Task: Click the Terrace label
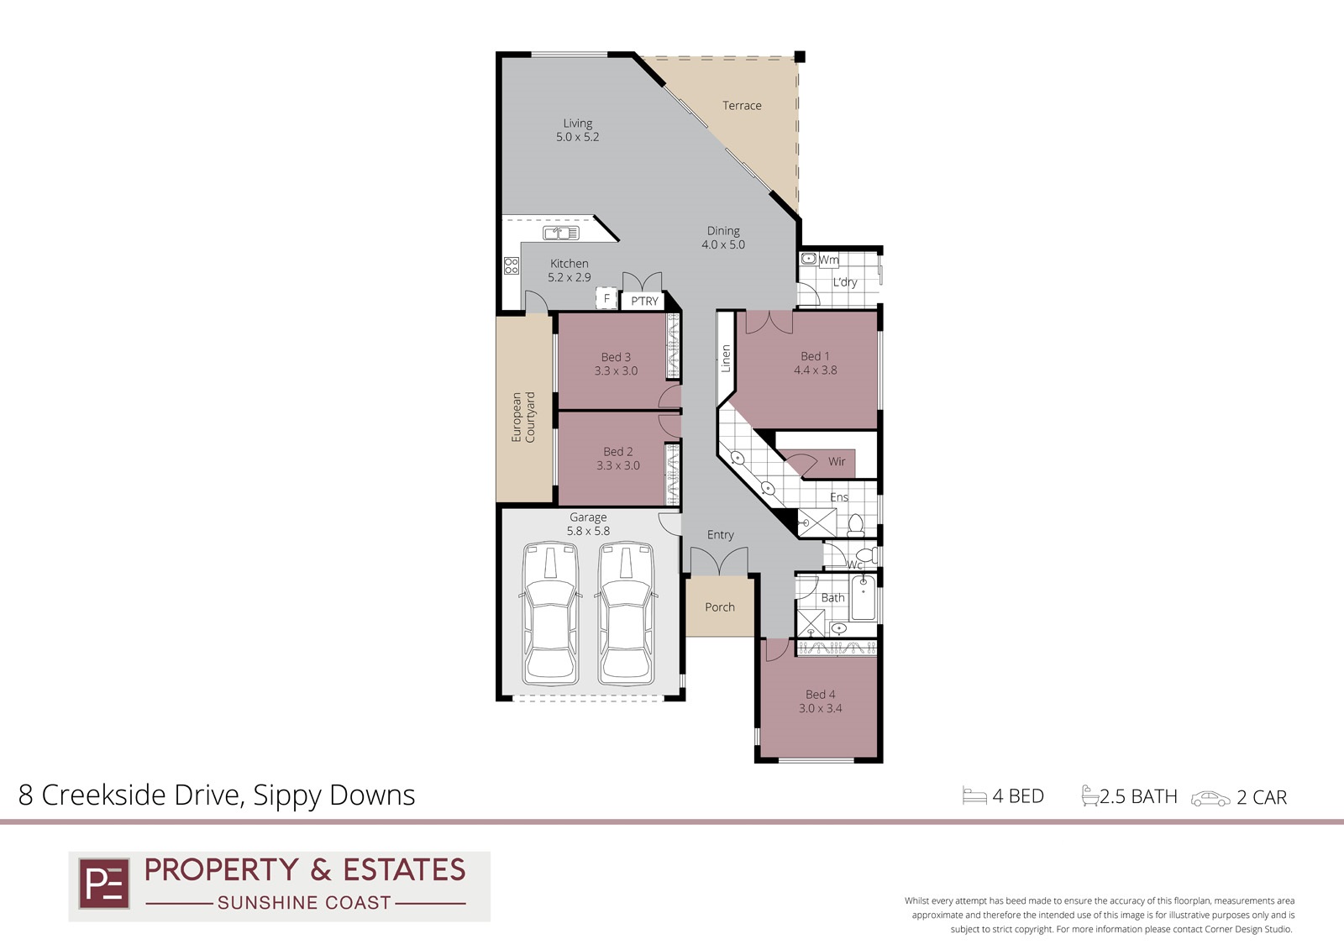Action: [742, 106]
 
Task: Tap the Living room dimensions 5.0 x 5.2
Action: [577, 137]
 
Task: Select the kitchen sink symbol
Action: [561, 233]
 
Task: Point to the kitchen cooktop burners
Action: [512, 265]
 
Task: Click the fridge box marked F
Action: [606, 297]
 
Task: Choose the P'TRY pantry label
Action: [644, 302]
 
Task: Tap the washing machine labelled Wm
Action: [809, 259]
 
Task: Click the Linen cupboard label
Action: [726, 359]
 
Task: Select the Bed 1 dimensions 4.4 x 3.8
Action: [815, 370]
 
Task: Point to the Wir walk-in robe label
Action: [837, 461]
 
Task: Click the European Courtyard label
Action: [523, 417]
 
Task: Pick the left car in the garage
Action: [550, 613]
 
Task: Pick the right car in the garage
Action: [626, 613]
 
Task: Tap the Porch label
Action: [719, 607]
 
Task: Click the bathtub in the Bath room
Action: [864, 598]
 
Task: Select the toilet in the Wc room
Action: [866, 554]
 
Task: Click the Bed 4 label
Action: [820, 695]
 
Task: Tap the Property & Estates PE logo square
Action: [104, 884]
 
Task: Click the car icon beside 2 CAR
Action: [1210, 799]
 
